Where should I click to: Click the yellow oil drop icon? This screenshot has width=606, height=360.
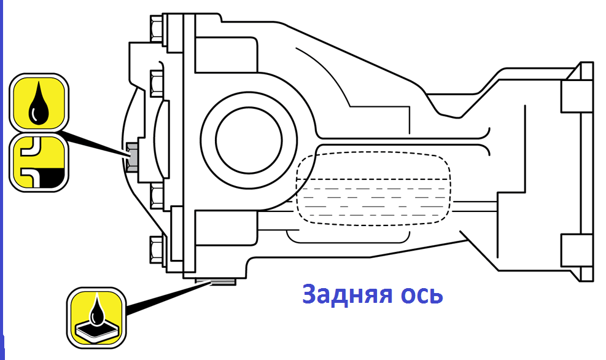[x=39, y=103]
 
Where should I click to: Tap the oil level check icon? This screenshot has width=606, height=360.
[x=39, y=162]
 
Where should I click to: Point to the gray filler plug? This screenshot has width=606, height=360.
[x=132, y=157]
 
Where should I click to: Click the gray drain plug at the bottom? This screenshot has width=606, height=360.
[x=216, y=281]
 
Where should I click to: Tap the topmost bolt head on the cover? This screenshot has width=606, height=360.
[x=157, y=28]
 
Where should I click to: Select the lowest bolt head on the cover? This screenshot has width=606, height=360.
[x=157, y=250]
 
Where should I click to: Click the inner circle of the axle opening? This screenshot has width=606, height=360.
[x=249, y=140]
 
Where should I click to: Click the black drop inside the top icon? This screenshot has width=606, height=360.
[x=39, y=104]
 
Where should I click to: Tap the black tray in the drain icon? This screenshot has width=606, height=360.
[x=96, y=329]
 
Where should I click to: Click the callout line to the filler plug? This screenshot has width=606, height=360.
[x=95, y=143]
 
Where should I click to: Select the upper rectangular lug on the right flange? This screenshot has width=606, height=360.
[x=577, y=96]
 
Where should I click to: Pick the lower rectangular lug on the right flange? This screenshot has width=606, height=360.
[x=577, y=250]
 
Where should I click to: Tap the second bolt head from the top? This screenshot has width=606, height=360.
[x=157, y=83]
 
